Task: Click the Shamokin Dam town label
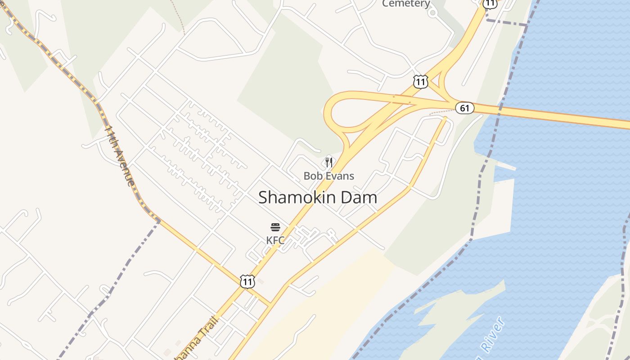(x=318, y=197)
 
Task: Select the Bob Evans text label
(x=328, y=175)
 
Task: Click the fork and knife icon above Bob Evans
(x=329, y=162)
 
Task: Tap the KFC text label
(x=275, y=240)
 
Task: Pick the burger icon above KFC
(x=275, y=227)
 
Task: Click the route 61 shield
(x=464, y=108)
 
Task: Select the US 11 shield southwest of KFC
(x=247, y=282)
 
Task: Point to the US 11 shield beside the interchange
(x=420, y=82)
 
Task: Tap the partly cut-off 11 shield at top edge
(x=490, y=4)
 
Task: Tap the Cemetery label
(x=406, y=4)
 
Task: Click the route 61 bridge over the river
(x=562, y=116)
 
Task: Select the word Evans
(x=342, y=175)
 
